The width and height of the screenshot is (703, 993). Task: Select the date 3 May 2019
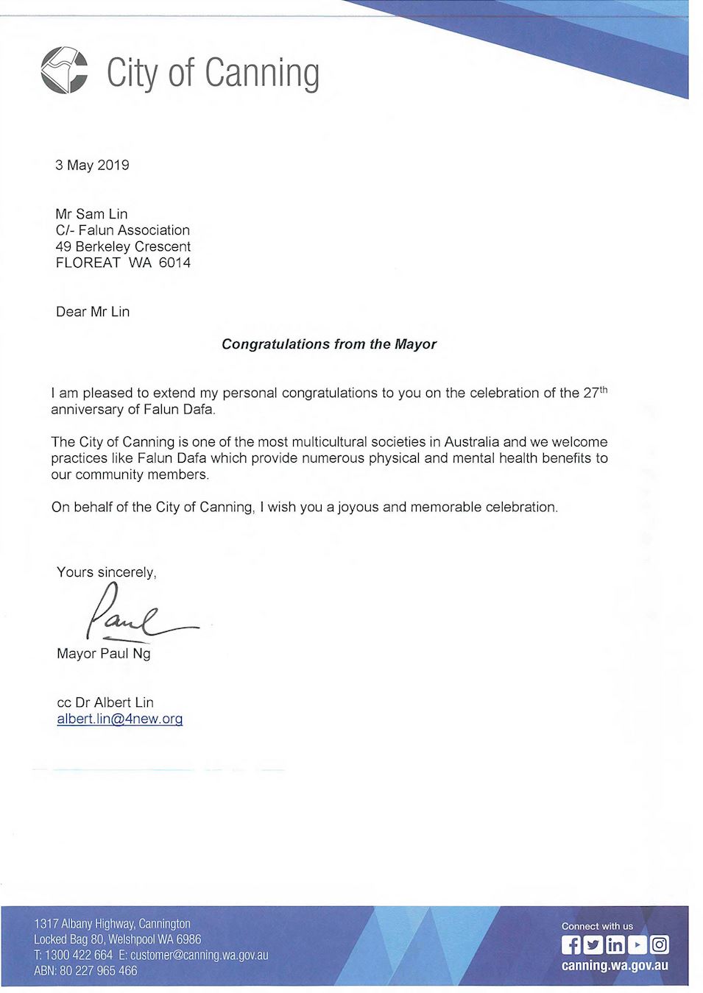92,165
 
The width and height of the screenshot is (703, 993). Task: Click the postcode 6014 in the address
174,263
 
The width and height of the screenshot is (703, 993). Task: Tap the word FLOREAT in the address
88,263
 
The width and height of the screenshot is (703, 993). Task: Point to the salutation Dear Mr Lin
93,312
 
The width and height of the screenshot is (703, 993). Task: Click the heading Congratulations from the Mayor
329,344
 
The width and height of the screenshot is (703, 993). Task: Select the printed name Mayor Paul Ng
104,653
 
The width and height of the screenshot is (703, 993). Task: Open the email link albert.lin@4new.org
120,719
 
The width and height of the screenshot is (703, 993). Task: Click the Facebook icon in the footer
571,944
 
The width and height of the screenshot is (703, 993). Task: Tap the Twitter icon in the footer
593,944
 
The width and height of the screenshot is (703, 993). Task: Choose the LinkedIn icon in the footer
615,944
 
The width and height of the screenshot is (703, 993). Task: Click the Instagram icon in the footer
660,944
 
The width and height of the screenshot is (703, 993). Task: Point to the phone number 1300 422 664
79,955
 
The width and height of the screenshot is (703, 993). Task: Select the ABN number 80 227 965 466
98,971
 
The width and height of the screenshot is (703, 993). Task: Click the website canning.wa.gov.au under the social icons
615,965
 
